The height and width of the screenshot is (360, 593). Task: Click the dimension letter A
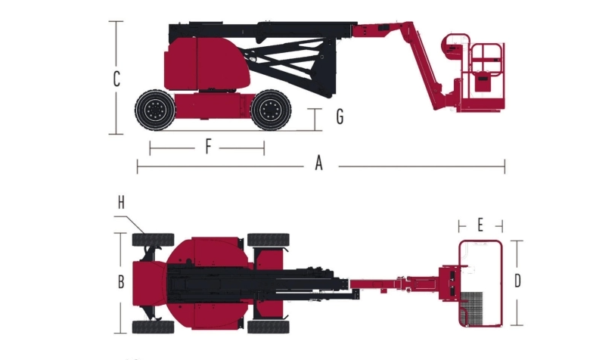coord(319,163)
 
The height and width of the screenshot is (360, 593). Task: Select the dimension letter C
coord(116,79)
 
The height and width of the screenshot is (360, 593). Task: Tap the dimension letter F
coord(208,147)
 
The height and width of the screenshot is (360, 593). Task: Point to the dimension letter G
coord(340,116)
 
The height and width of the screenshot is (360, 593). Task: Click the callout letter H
coord(121,203)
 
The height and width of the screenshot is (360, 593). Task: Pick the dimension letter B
coord(121,281)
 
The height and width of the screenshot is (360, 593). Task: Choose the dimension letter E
coord(480,225)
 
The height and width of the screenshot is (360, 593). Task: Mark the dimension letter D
coord(517,281)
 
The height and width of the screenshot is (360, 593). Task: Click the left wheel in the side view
coord(156,110)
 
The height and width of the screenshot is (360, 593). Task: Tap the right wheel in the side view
coord(271,110)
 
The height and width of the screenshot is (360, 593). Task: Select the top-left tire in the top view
coord(153,240)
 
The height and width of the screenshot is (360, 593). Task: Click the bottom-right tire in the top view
coord(269,327)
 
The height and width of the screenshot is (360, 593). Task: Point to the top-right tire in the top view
coord(269,240)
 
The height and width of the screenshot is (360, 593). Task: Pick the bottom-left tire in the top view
coord(153,327)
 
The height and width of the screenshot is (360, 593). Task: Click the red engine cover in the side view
coord(206,64)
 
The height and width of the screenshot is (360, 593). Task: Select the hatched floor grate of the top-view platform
coord(472,309)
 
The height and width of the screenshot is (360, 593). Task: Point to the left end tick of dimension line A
coord(138,166)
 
